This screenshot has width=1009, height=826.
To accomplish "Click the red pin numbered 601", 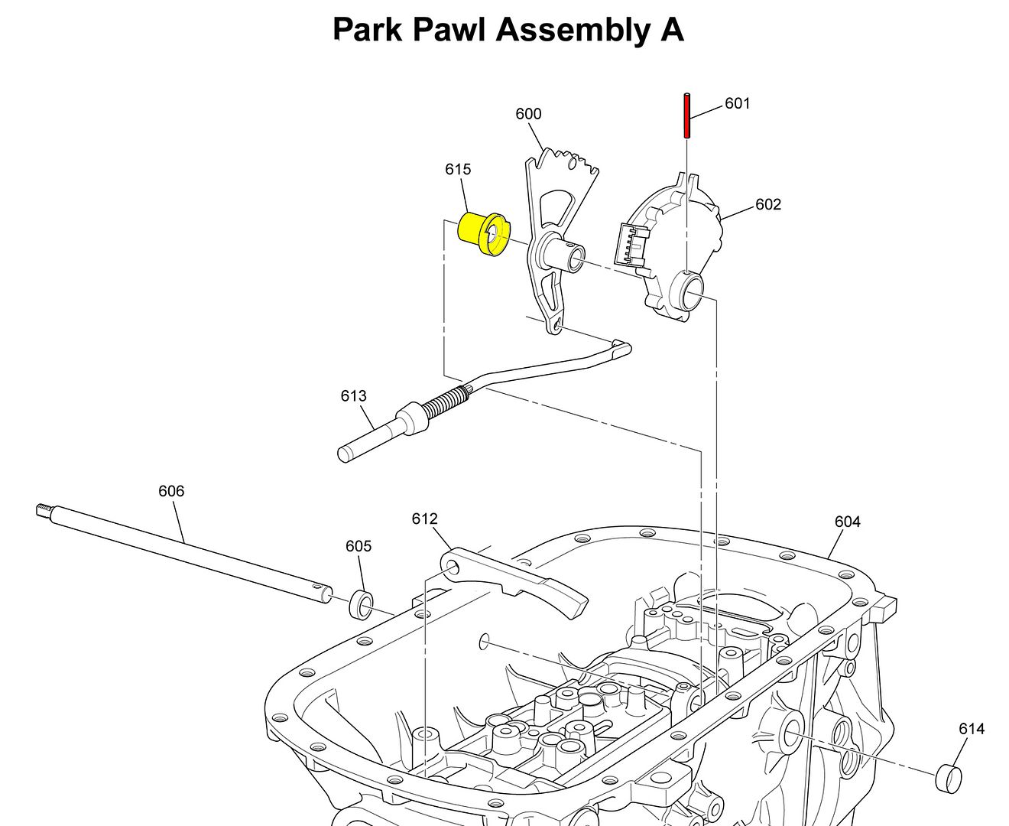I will (687, 116).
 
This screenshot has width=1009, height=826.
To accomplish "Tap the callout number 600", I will (528, 114).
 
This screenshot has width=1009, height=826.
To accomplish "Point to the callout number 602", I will (768, 204).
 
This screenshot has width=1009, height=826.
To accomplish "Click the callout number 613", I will (354, 395).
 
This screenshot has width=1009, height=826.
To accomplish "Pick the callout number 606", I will (171, 491).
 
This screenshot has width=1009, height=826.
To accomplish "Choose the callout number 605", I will (359, 546).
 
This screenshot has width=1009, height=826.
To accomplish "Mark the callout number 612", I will (425, 519).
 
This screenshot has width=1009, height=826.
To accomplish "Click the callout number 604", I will (848, 522).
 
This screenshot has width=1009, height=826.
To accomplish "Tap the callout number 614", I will (972, 729).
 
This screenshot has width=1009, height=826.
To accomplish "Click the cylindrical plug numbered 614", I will (948, 778).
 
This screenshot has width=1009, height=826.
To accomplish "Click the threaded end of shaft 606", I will (44, 509).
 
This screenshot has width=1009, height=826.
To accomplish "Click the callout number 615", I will (458, 169).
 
